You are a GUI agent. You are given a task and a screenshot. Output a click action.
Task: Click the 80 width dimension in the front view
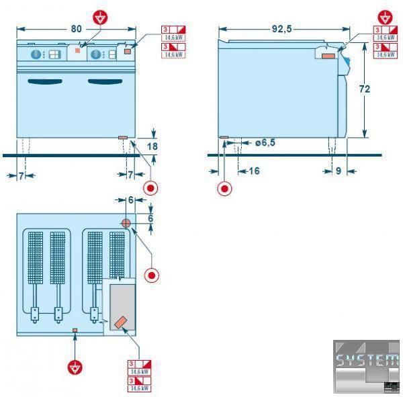pyautogui.click(x=76, y=28)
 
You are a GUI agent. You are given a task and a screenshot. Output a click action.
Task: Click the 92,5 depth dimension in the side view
pyautogui.click(x=283, y=30)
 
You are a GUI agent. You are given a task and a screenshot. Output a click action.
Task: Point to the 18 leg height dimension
pyautogui.click(x=152, y=145)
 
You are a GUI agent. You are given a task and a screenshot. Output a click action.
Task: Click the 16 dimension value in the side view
pyautogui.click(x=253, y=171)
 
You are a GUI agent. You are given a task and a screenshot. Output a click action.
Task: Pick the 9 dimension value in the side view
pyautogui.click(x=338, y=171)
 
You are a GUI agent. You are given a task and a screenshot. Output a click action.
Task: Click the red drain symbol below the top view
pyautogui.click(x=76, y=367)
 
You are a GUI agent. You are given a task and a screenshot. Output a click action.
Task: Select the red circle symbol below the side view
pyautogui.click(x=224, y=188)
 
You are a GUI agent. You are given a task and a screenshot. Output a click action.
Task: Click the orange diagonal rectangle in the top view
pyautogui.click(x=121, y=322)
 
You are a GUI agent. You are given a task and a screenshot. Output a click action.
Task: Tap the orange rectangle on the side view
pyautogui.click(x=327, y=56)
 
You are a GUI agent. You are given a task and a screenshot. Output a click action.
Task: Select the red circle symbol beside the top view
pyautogui.click(x=152, y=275)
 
